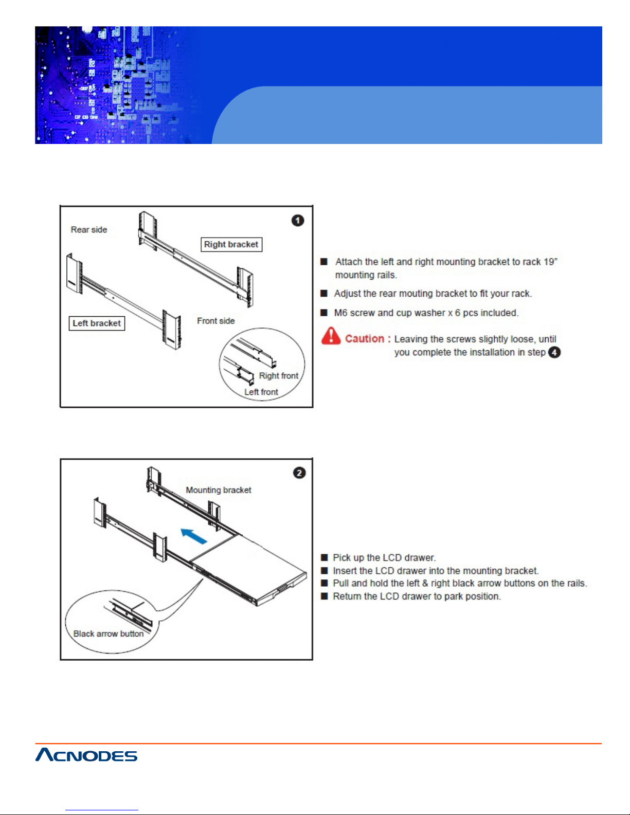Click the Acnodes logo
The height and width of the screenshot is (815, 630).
point(86,755)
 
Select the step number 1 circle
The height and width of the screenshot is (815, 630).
point(298,221)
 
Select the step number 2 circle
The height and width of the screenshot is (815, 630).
point(299,473)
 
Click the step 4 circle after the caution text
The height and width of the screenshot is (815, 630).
point(554,353)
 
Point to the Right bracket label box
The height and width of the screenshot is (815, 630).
point(231,244)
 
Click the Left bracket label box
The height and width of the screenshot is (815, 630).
point(97,323)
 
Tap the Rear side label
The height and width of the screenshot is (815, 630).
point(89,230)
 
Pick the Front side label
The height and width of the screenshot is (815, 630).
point(215,321)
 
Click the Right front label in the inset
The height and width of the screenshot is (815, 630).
point(278,376)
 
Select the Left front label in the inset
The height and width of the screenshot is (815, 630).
point(261,392)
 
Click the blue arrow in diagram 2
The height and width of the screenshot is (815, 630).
point(194,536)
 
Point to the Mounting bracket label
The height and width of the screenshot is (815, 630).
point(219,490)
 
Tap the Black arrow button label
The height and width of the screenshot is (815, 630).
point(109,633)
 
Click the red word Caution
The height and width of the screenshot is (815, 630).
point(365,339)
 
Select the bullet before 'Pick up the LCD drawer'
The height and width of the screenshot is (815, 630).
point(324,557)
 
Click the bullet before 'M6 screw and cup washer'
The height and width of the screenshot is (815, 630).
point(324,313)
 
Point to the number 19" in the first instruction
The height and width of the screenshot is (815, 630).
point(550,262)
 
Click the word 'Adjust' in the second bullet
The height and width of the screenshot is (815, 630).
point(348,294)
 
